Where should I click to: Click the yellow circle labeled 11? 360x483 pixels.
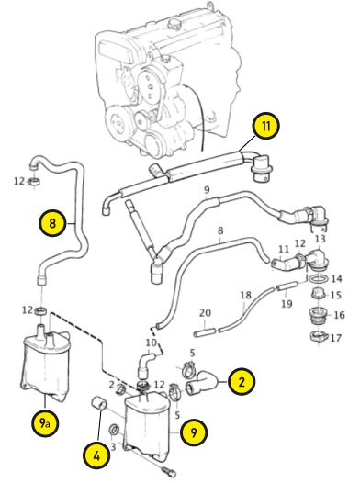265,126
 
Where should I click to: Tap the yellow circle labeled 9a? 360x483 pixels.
45,423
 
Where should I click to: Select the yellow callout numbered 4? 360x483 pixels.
96,455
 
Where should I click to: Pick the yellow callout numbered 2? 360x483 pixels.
242,382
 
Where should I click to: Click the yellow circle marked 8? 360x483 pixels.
52,223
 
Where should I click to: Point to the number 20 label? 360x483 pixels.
205,313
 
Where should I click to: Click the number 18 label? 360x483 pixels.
246,295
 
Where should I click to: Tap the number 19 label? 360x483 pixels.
287,304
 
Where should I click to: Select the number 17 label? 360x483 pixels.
336,338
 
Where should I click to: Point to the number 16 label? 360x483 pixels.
339,315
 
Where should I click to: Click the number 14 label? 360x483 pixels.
336,279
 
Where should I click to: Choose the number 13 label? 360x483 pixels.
320,239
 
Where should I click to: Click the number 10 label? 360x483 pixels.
152,343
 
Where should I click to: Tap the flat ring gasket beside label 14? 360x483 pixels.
319,278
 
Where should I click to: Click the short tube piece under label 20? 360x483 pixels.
205,332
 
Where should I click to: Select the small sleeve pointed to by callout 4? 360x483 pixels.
100,403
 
